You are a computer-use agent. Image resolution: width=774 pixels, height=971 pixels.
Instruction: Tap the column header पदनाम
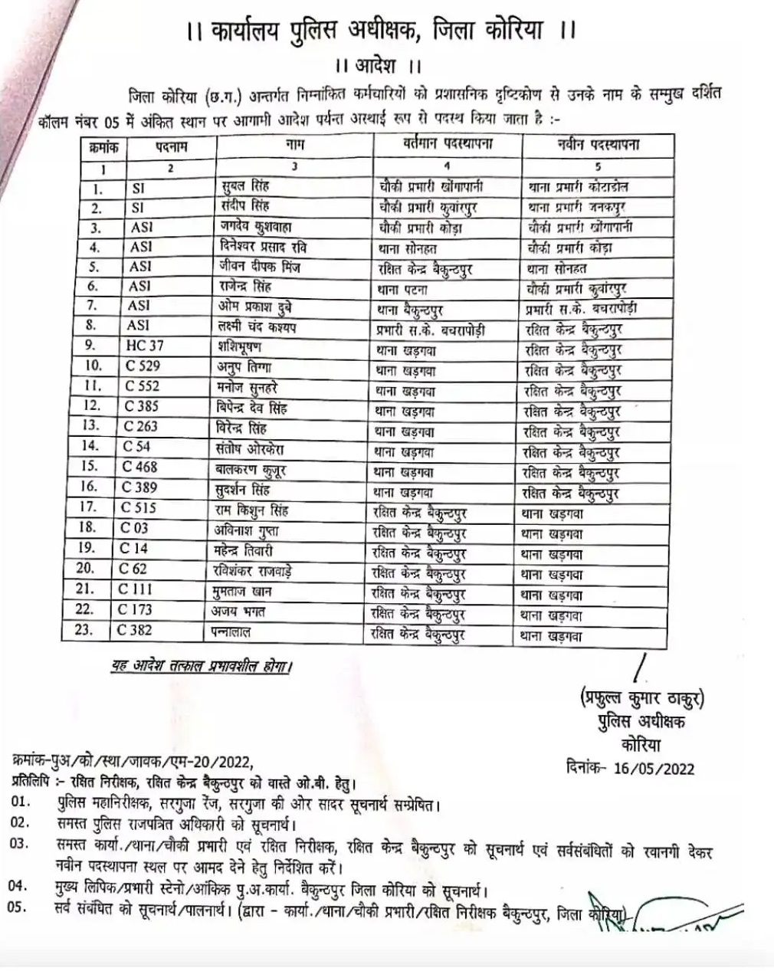point(171,146)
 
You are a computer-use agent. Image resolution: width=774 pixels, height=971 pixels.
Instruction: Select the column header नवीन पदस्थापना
point(599,145)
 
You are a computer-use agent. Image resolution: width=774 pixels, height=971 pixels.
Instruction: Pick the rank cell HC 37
point(145,346)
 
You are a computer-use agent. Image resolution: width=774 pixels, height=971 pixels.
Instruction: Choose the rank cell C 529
point(143,366)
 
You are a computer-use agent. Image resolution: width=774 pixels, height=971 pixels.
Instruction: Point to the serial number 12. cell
point(92,406)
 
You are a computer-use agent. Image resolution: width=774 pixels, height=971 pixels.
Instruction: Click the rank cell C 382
point(135,631)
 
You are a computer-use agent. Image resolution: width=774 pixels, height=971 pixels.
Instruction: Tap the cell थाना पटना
point(402,290)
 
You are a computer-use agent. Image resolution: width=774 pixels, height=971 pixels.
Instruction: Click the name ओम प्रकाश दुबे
point(254,307)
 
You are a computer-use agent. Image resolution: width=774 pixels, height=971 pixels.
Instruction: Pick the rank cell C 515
point(139,507)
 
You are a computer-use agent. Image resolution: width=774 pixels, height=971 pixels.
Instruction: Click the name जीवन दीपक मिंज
point(259,267)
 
